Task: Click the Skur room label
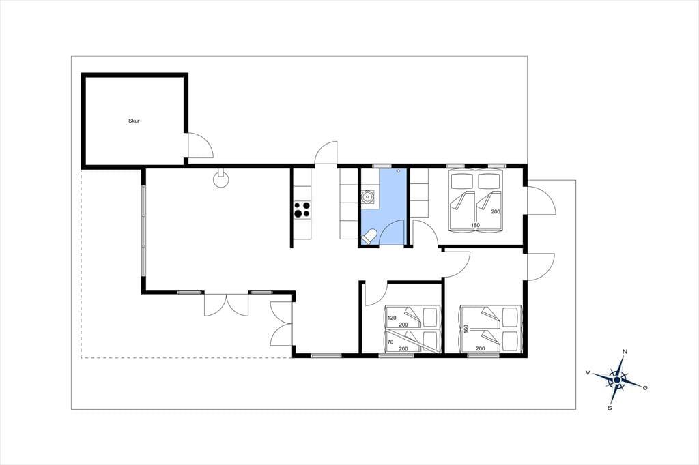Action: (x=134, y=121)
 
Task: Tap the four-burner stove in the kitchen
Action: (x=302, y=209)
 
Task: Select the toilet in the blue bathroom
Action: (x=369, y=236)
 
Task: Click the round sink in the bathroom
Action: (x=368, y=196)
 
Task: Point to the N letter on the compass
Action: (x=625, y=352)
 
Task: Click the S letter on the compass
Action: (x=610, y=408)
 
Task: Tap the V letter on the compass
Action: (x=588, y=372)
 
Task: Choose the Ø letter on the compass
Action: (x=644, y=388)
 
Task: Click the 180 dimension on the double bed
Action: (x=475, y=226)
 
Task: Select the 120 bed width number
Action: (x=392, y=318)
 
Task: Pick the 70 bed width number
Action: (x=390, y=342)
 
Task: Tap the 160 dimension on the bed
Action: (x=466, y=329)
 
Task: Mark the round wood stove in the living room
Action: (x=220, y=179)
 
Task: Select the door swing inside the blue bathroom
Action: (x=393, y=232)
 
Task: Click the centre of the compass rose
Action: (x=617, y=380)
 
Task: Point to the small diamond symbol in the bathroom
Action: (x=398, y=171)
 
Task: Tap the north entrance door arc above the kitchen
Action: (x=326, y=153)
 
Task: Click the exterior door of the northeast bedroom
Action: (x=541, y=200)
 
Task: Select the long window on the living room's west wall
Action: (x=143, y=230)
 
